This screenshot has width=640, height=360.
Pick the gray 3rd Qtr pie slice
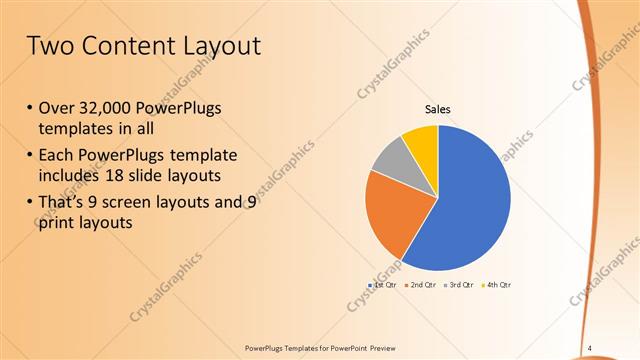point(390,160)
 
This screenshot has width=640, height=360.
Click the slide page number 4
point(589,348)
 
